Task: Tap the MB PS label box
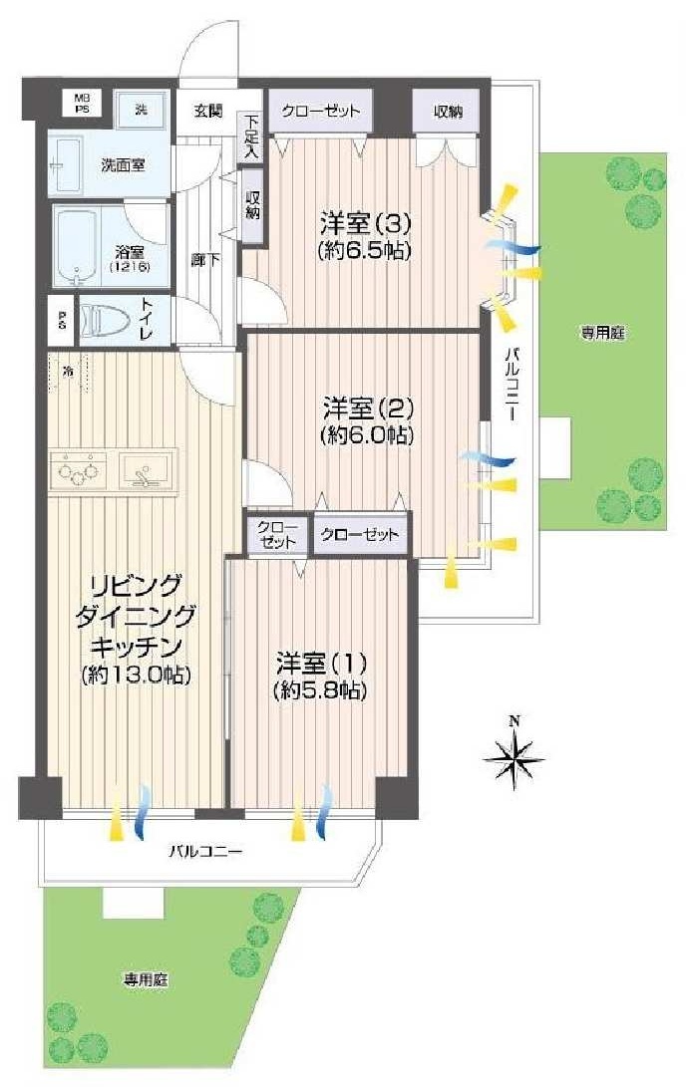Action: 82,104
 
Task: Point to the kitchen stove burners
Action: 78,469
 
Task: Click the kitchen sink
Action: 145,468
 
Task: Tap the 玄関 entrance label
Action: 207,110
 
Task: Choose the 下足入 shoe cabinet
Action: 250,137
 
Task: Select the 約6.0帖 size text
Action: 367,434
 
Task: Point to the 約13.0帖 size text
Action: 136,674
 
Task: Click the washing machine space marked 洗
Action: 141,109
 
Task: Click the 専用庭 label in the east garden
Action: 603,334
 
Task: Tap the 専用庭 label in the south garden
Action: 146,980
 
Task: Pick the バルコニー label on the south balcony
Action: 205,850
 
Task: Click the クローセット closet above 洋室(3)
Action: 320,111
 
